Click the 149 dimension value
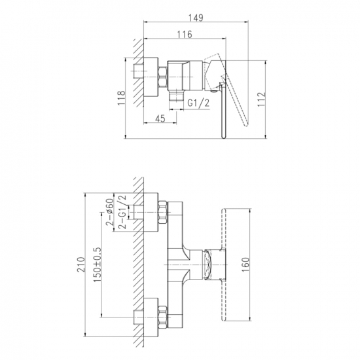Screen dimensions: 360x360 point(196,18)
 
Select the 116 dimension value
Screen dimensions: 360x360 point(185,35)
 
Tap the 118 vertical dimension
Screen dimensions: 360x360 point(122,98)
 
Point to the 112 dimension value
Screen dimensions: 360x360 point(261,99)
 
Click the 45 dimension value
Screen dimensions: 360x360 point(160,118)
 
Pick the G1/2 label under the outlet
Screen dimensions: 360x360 point(198,103)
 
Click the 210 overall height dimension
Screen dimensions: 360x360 point(81,264)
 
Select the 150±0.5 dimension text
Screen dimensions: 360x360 point(97,265)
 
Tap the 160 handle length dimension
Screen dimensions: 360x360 point(245,264)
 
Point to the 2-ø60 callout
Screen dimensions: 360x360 point(110,211)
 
